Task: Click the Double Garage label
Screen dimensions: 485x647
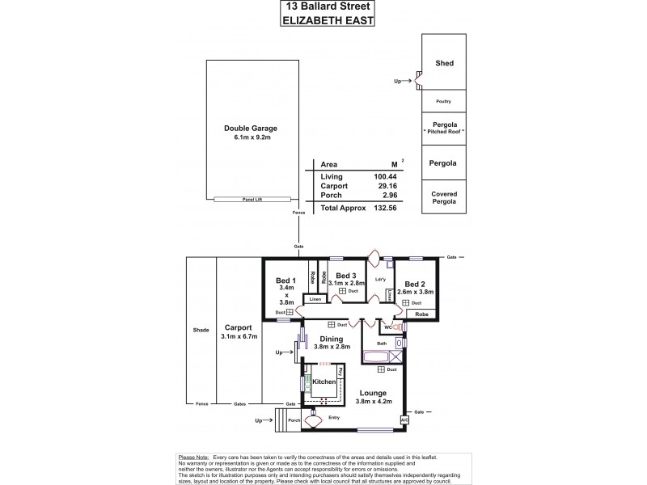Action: [x=251, y=128]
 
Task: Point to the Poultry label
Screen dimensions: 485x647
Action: [x=443, y=101]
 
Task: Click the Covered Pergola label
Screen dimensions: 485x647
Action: [x=443, y=197]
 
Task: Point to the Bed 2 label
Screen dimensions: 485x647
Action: [x=416, y=284]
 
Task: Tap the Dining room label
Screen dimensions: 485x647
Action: [x=331, y=339]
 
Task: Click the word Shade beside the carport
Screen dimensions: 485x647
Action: [x=201, y=330]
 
